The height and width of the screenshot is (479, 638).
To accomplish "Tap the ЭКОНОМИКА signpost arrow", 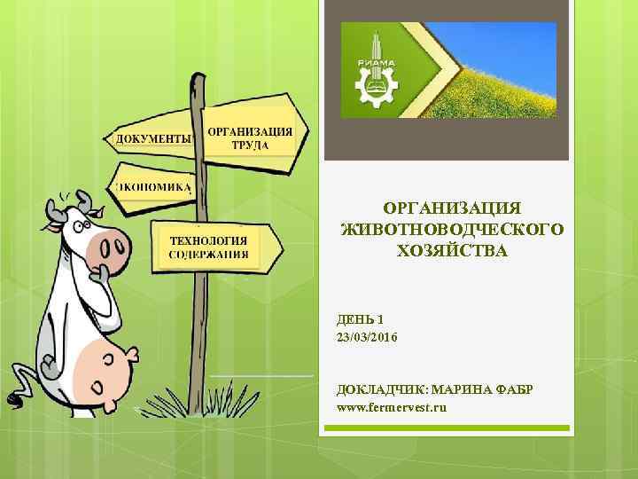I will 152,187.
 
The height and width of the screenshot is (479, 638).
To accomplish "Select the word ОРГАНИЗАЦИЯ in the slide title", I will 452,208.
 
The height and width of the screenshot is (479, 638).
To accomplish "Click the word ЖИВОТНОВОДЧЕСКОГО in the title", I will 452,229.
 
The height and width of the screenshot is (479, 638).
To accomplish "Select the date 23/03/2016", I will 368,338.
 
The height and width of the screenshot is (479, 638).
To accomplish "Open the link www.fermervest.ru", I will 393,407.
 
